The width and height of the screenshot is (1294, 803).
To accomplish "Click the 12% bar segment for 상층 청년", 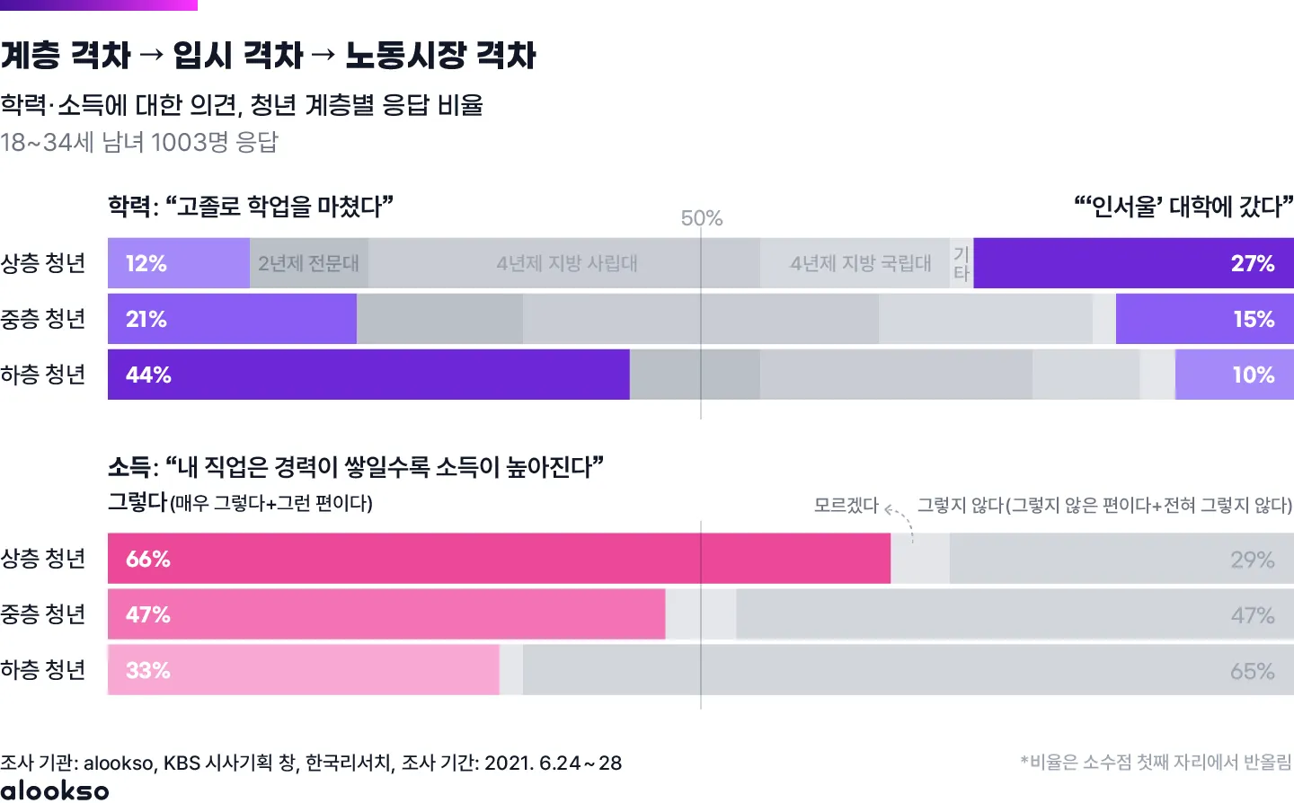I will [178, 263].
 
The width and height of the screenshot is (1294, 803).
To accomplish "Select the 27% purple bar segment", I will [1133, 263].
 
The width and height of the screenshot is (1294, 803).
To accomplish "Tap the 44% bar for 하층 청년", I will [368, 375].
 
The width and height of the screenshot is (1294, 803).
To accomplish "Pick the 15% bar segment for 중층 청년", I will [1204, 319].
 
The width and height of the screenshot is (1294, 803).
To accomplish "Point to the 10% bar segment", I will [1234, 375].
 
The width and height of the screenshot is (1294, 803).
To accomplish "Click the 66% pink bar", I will [499, 559].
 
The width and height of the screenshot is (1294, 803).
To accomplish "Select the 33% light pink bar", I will [303, 670].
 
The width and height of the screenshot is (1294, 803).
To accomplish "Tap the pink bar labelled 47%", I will [386, 614].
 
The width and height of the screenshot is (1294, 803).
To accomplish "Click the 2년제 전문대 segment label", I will [308, 263].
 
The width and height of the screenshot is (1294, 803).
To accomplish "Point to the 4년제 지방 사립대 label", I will [566, 263].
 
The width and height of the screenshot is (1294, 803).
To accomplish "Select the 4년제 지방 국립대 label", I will [860, 263].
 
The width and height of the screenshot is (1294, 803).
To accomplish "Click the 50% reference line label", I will [702, 218].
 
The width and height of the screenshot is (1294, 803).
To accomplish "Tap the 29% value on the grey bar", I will [1252, 560].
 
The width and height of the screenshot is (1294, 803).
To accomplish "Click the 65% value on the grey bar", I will [1252, 671].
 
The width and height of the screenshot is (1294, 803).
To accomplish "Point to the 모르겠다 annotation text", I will [846, 505].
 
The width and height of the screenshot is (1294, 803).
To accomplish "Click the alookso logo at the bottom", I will [55, 790].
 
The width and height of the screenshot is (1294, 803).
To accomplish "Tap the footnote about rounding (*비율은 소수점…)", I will [1156, 763].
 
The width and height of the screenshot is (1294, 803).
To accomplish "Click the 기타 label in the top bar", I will [962, 264].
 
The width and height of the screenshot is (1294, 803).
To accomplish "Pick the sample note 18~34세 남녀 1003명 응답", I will [139, 142].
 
